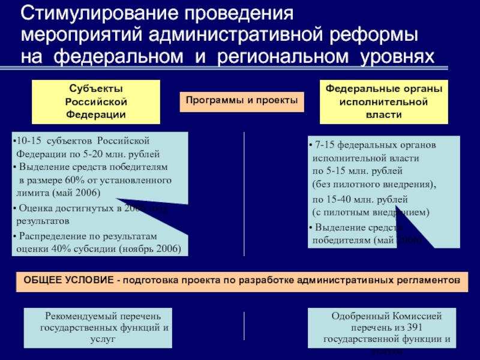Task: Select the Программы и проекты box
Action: click(x=241, y=101)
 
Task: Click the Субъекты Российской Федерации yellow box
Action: click(x=96, y=101)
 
